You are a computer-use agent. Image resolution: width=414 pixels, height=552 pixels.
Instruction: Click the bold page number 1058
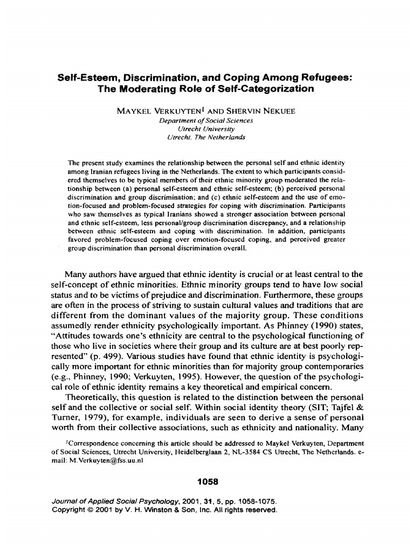tap(206, 480)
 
